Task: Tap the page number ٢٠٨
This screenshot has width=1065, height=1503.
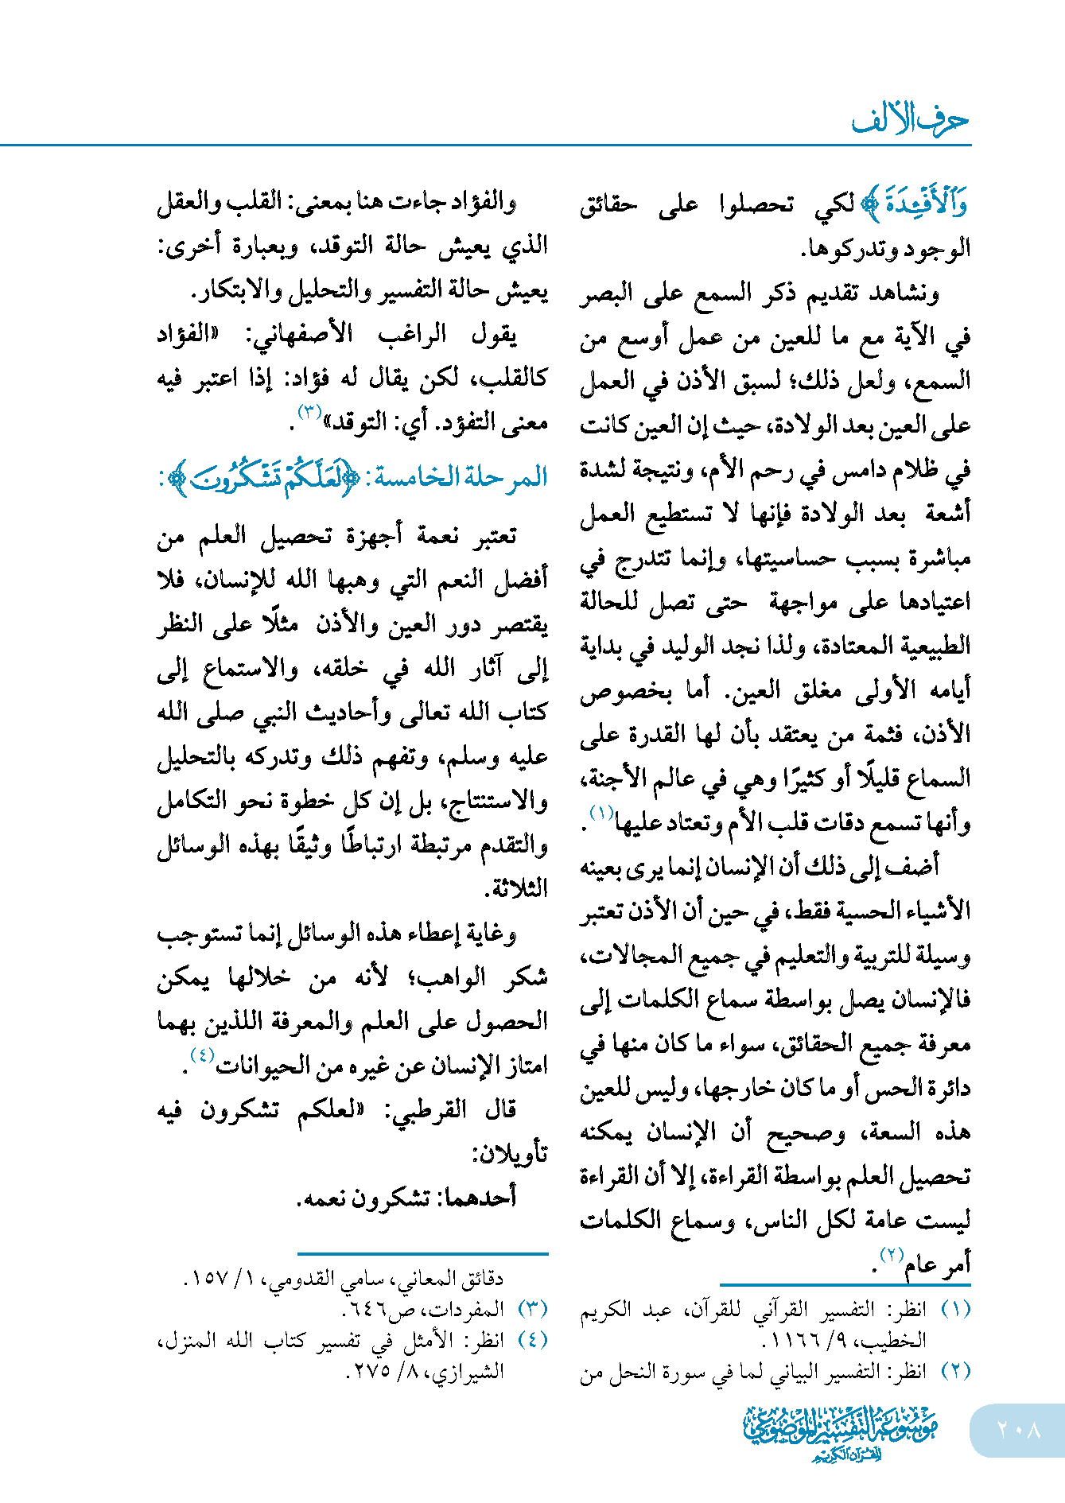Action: pos(1018,1429)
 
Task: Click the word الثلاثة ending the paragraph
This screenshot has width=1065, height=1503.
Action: pos(519,888)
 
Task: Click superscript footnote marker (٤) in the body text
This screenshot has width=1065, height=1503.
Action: pos(202,1055)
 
